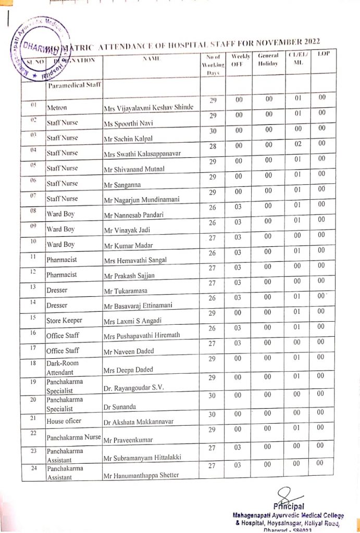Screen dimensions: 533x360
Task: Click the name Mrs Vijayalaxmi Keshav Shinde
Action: pos(148,108)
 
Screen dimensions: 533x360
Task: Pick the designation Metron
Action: pos(57,108)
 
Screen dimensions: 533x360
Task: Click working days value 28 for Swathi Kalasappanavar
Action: pos(213,146)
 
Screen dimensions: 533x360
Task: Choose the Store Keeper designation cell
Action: pos(64,321)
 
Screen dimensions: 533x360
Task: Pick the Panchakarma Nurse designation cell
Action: pos(73,437)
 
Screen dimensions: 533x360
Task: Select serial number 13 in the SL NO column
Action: pos(32,286)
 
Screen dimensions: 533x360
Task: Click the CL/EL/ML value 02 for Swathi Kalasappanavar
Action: pos(298,146)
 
